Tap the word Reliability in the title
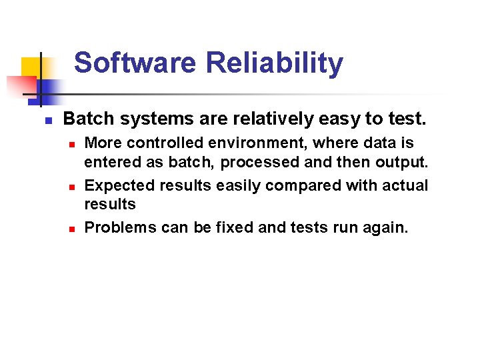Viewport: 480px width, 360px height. tap(275, 63)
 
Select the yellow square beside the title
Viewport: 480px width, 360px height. tap(31, 68)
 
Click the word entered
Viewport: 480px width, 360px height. tap(111, 163)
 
